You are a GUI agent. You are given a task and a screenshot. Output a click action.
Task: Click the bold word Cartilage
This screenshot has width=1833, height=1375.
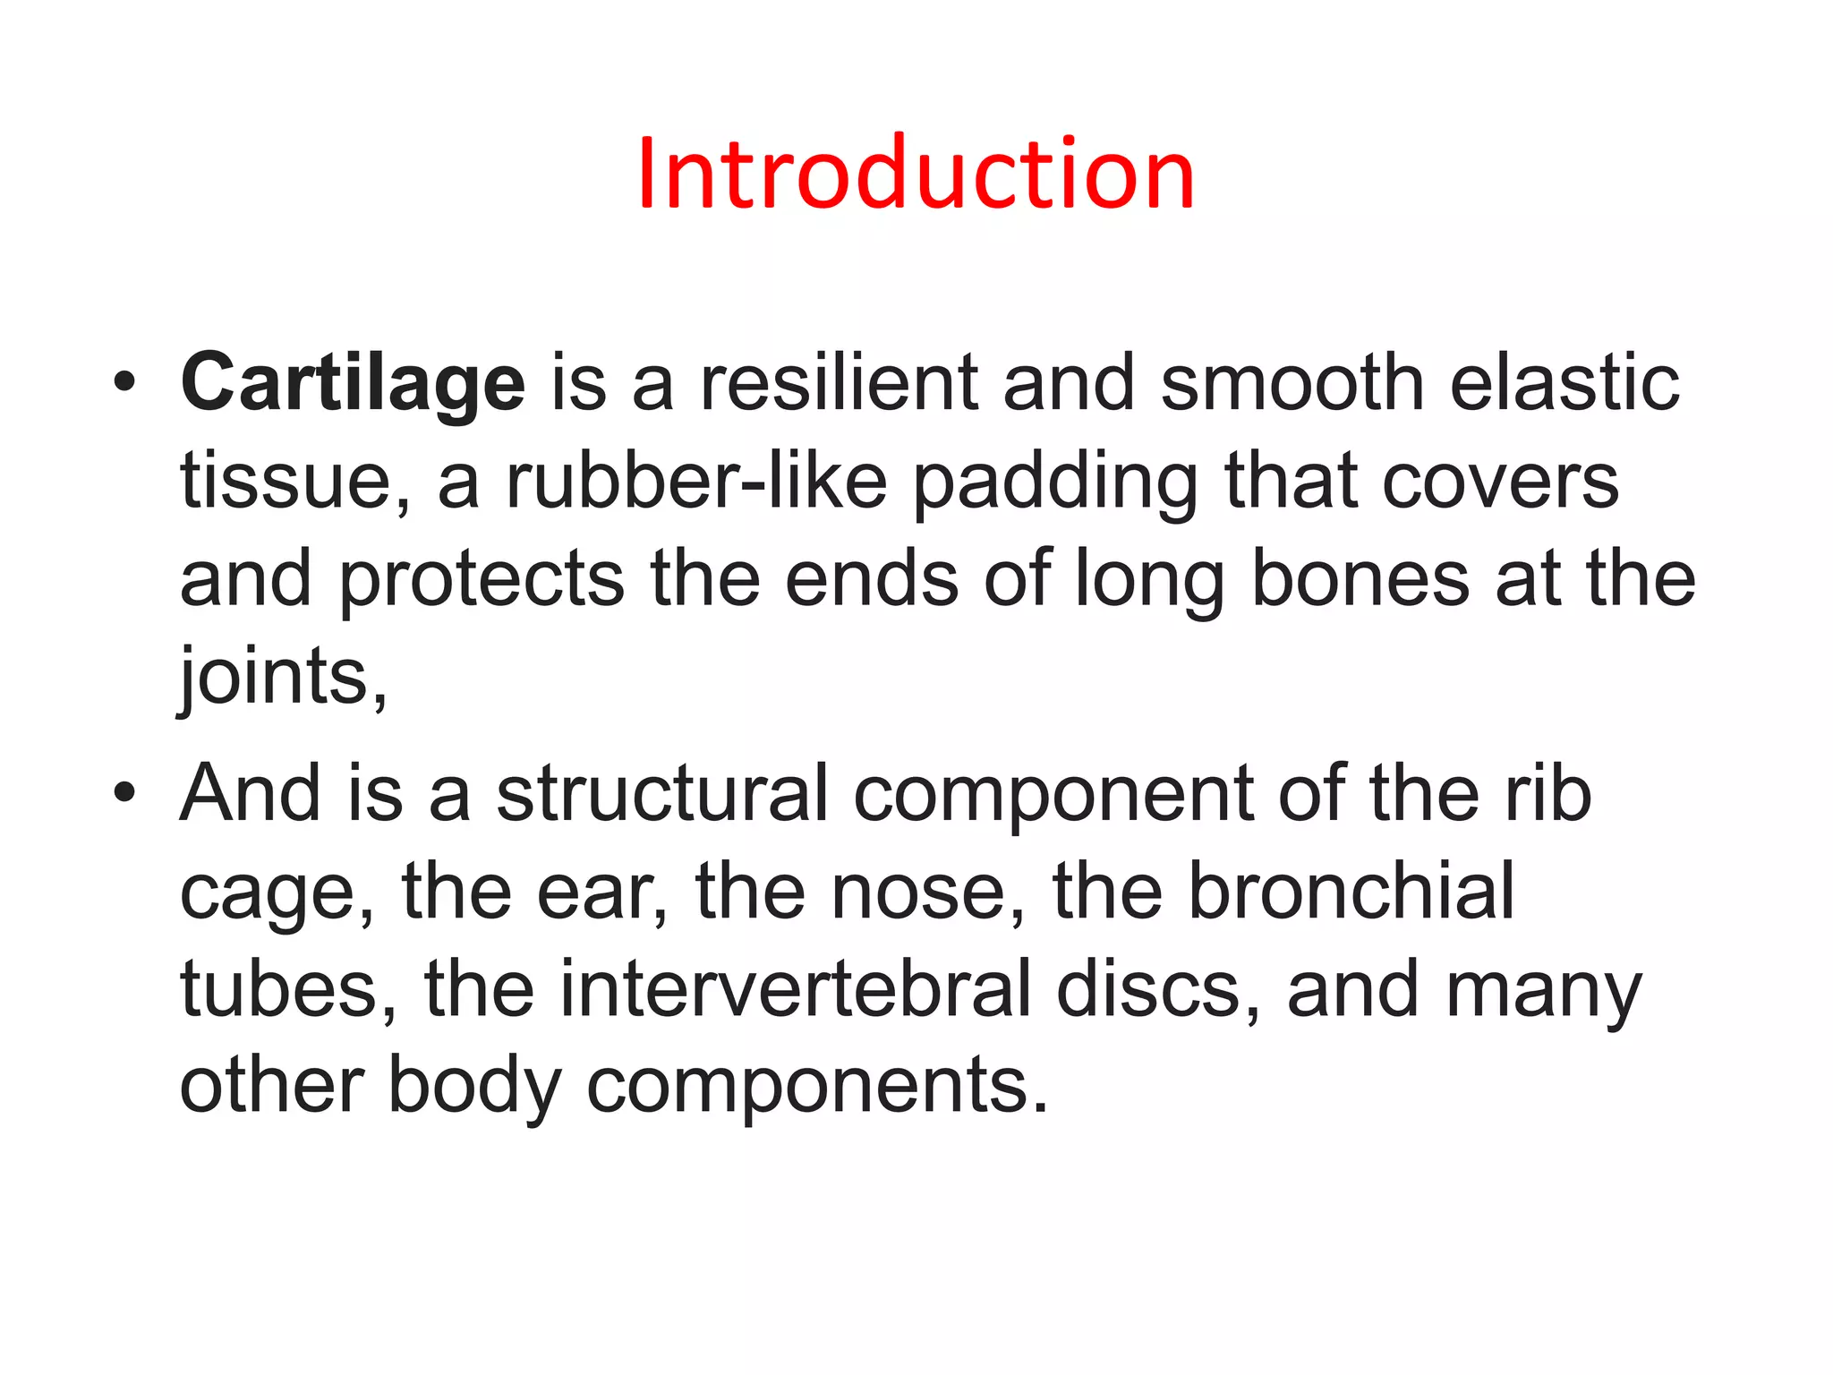[x=353, y=384]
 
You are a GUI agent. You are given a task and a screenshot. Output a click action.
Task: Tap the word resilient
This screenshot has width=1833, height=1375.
[x=839, y=384]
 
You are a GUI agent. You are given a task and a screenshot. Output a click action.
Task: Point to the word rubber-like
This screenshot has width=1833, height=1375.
[x=696, y=482]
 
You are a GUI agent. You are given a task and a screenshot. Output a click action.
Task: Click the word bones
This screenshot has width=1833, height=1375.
[x=1360, y=579]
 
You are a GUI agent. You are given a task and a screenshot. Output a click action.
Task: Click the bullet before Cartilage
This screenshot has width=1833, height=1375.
[x=125, y=383]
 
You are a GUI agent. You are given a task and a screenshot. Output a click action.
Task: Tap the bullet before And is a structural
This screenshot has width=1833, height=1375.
[x=125, y=793]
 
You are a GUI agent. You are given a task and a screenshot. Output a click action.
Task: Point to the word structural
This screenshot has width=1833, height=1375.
[x=662, y=793]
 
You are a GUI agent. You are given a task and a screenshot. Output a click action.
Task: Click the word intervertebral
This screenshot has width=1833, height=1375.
[x=796, y=989]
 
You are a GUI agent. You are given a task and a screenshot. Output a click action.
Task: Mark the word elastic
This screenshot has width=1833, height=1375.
[x=1564, y=384]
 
